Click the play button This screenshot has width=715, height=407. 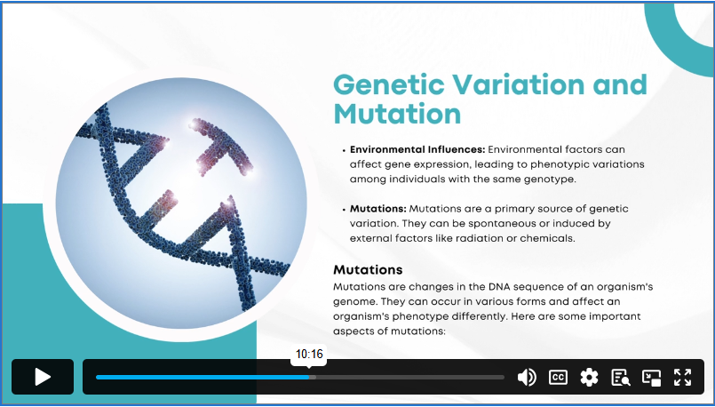tap(43, 377)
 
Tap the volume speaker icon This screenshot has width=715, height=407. tap(527, 378)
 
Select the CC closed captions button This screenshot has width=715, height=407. tap(558, 378)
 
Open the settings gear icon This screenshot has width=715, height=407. tap(589, 378)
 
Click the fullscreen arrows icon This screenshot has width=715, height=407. tap(683, 378)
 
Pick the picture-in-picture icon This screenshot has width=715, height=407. tap(652, 378)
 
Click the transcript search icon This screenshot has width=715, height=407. tap(621, 378)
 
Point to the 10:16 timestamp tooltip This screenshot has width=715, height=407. tap(309, 354)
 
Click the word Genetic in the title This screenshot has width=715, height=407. tap(388, 85)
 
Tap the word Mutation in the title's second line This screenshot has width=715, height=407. tap(397, 113)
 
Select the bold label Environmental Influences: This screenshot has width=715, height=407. tap(417, 149)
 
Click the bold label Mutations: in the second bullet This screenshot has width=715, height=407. tap(378, 209)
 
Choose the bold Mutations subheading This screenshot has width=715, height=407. tap(368, 269)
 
